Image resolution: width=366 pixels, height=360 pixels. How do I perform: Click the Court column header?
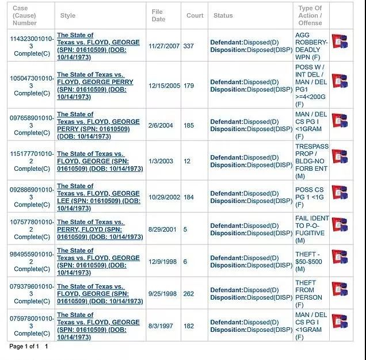pyautogui.click(x=195, y=16)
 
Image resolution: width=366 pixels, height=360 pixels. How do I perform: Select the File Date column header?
pyautogui.click(x=158, y=16)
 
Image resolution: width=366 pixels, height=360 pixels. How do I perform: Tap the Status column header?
pyautogui.click(x=223, y=16)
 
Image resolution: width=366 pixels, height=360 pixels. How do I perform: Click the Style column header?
pyautogui.click(x=68, y=16)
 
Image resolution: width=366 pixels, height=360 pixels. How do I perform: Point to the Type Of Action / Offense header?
pyautogui.click(x=310, y=16)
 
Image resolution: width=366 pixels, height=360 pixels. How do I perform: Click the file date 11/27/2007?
pyautogui.click(x=164, y=46)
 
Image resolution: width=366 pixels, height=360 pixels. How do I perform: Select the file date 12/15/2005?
pyautogui.click(x=164, y=86)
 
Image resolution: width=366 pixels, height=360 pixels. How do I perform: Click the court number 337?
pyautogui.click(x=188, y=46)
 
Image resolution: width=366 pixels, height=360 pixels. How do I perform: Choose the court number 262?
pyautogui.click(x=188, y=294)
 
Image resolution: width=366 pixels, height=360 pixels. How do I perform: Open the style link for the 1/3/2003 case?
pyautogui.click(x=100, y=162)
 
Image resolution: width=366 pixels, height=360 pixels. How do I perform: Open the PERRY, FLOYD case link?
pyautogui.click(x=100, y=229)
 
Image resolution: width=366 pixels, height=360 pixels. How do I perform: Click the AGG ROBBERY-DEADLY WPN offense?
pyautogui.click(x=311, y=46)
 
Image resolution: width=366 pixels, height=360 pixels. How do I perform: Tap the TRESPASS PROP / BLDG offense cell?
pyautogui.click(x=311, y=158)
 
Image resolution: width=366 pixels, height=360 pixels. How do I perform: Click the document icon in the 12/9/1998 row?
pyautogui.click(x=340, y=257)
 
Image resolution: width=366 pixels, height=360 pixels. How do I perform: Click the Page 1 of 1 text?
pyautogui.click(x=24, y=347)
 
